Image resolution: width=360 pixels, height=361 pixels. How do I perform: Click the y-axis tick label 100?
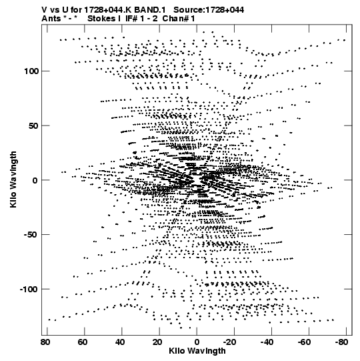click(x=32, y=71)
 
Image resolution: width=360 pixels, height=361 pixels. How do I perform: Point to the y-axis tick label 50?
click(x=34, y=125)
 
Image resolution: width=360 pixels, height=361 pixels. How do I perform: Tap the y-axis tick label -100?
click(x=29, y=289)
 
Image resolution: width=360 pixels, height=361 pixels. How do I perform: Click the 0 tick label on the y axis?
click(x=35, y=180)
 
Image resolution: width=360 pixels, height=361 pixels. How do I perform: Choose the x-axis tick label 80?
click(x=45, y=342)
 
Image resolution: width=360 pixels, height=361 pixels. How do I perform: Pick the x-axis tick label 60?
click(x=83, y=342)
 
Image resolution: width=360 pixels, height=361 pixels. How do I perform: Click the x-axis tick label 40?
click(x=120, y=342)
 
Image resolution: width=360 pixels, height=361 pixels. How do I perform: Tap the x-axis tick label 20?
click(x=157, y=342)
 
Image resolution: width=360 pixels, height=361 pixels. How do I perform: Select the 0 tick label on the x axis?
click(x=197, y=342)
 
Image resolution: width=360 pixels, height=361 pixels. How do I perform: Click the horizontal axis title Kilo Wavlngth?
click(x=197, y=352)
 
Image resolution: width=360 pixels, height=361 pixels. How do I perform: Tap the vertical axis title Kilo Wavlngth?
click(x=13, y=179)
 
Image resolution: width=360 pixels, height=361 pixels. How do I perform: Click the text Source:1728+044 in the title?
click(x=209, y=10)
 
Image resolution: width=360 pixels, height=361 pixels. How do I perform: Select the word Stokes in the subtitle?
click(x=102, y=19)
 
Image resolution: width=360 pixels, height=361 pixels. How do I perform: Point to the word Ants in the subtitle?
click(x=51, y=19)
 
